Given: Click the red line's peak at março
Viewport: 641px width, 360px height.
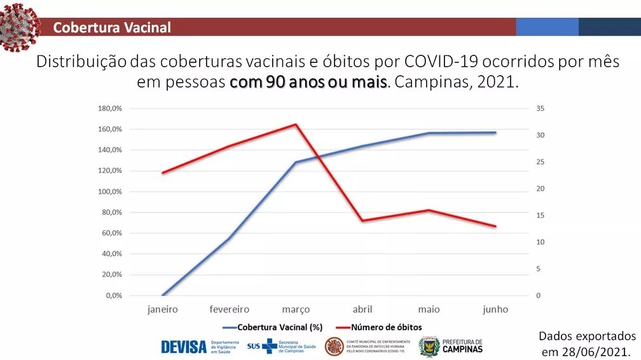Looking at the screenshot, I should [x=296, y=124].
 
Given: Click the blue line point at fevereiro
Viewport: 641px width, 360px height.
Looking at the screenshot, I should [x=230, y=239].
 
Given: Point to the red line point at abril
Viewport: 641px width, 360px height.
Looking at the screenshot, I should [x=362, y=221].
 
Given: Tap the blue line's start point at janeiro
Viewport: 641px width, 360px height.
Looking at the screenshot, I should [x=163, y=295].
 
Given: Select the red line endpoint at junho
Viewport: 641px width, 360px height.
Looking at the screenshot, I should [x=495, y=226].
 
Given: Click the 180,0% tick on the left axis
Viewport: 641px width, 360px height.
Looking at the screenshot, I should [x=109, y=109].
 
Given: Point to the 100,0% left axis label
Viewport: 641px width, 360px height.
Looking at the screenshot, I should [x=109, y=191].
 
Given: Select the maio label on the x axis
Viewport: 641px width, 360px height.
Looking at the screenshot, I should [x=429, y=310].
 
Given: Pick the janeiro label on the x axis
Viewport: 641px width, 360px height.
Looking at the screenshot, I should [x=163, y=310].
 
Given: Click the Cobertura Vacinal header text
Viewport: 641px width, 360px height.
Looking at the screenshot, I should [x=112, y=27].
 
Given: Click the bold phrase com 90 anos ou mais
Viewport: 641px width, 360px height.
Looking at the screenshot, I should [x=308, y=83].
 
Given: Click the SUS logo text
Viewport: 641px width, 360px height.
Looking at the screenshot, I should [x=253, y=347].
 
